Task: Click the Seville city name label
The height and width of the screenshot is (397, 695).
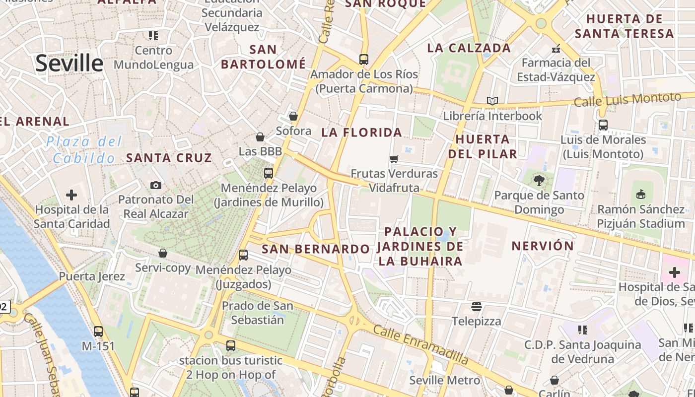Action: (69, 64)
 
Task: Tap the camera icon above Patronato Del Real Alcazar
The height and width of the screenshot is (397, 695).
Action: (156, 185)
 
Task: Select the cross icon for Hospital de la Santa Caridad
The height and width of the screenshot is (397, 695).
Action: (71, 195)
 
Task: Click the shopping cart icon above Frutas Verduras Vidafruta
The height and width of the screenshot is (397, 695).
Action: (394, 159)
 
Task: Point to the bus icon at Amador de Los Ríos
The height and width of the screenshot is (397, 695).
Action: (364, 60)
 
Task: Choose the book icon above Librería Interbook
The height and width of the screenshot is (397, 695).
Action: (492, 101)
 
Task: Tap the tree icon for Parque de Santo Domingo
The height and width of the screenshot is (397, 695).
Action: (539, 181)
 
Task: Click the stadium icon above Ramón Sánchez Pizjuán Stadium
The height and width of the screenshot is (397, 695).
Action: (640, 194)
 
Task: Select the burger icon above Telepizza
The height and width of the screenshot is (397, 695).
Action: (477, 306)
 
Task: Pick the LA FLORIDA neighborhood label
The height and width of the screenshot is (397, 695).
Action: (361, 132)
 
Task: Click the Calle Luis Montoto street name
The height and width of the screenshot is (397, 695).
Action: (627, 100)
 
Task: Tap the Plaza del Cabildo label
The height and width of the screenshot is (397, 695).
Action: (84, 150)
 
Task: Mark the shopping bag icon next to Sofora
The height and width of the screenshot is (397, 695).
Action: (293, 116)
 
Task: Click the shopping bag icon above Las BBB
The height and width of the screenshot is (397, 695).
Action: (260, 136)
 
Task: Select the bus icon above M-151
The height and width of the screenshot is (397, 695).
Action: (98, 331)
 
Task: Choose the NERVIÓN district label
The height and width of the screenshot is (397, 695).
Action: (543, 246)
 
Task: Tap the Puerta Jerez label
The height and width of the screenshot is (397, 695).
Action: (92, 276)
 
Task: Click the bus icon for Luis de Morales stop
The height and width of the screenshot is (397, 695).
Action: (603, 125)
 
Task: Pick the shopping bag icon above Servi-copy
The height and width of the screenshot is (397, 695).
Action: (163, 253)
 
